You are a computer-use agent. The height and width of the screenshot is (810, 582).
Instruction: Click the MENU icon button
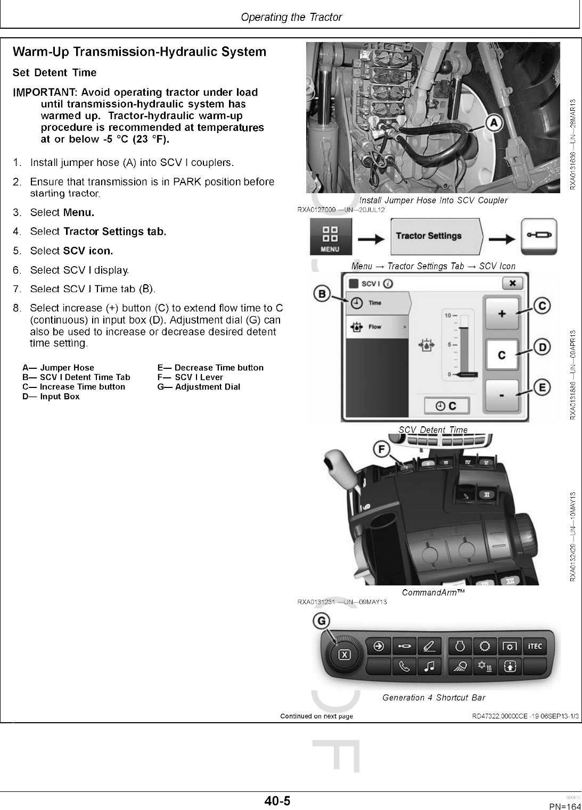331,237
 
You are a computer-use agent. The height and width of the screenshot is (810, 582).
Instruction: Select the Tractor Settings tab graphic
436,236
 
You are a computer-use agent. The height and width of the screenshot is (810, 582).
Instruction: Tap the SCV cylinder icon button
539,235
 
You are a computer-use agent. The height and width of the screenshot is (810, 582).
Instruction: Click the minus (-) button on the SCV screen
501,395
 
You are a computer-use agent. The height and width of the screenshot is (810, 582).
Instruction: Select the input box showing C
501,355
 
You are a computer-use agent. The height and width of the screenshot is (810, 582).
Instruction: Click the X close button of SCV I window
512,283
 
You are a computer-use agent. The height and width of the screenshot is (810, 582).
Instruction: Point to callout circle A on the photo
494,123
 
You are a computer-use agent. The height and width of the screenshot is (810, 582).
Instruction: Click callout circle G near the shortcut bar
323,621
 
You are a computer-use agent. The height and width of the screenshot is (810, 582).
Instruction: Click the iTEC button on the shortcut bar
535,646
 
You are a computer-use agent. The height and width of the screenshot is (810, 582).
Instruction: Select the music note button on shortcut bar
429,666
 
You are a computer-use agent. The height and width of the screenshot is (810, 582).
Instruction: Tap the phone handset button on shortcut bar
404,666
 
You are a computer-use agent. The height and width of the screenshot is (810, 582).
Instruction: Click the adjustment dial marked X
345,654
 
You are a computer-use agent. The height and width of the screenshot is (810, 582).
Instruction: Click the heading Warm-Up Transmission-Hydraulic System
139,52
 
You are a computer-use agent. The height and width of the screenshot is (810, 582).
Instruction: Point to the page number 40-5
277,800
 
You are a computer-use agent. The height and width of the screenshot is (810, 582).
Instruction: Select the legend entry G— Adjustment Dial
199,387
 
